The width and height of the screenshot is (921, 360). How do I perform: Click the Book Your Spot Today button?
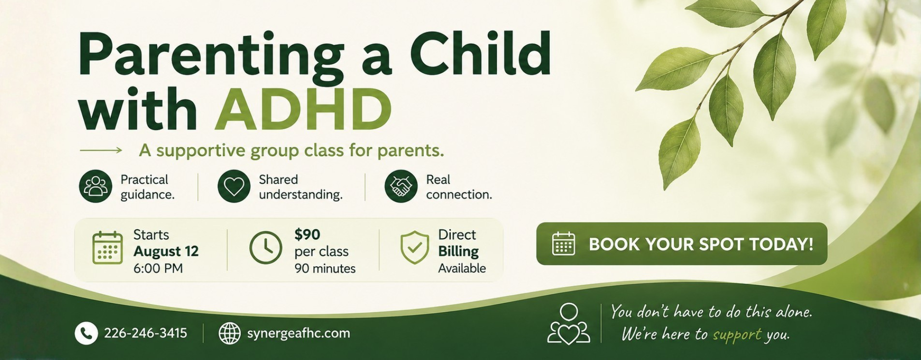[x=682, y=244]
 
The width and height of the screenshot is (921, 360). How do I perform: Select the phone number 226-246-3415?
[x=146, y=333]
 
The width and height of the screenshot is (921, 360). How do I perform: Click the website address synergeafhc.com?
[x=299, y=333]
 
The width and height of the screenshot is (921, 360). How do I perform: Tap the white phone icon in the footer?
[x=86, y=333]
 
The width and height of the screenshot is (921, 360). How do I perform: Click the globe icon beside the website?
[x=230, y=333]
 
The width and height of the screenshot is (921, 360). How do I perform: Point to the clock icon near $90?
[x=266, y=247]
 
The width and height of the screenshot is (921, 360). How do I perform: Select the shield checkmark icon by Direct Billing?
[x=414, y=247]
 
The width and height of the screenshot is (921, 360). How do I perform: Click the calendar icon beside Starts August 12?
[x=107, y=248]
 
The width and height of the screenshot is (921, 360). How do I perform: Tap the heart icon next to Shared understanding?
[x=234, y=186]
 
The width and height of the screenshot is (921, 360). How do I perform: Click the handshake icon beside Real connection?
[x=401, y=186]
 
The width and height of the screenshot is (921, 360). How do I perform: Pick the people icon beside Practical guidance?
[x=96, y=186]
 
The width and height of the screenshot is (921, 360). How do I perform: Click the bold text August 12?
[x=166, y=251]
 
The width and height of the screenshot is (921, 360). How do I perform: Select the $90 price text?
[x=307, y=235]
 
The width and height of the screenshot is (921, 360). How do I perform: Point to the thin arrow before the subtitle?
[x=101, y=150]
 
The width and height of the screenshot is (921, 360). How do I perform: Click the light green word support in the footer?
[x=737, y=335]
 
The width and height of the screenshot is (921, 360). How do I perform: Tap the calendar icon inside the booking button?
[x=564, y=243]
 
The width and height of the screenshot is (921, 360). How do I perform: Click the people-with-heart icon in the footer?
[x=569, y=324]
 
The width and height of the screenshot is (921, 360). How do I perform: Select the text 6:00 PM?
[x=158, y=268]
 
